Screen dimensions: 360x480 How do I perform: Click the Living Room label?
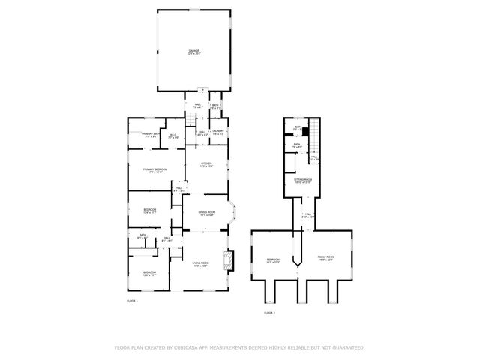coord(200,262)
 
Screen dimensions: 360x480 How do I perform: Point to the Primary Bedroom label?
coord(155,171)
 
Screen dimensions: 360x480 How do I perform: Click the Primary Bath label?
coord(150,135)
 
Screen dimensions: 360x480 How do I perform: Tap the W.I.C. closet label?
coord(172,136)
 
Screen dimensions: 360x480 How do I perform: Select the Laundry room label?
coord(218,132)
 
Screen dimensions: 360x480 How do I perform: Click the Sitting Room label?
coord(302,181)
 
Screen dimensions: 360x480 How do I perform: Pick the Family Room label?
coord(325,257)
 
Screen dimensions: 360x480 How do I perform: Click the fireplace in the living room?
coord(229,260)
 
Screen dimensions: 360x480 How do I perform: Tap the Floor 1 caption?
coord(132,301)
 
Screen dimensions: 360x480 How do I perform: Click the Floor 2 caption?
coord(269,313)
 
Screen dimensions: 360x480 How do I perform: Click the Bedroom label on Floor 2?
coord(273,260)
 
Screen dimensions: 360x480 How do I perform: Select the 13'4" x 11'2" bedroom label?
coord(150,211)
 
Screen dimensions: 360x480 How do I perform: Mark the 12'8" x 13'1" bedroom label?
coord(150,273)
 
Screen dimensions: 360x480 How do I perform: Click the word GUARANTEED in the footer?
coord(347,348)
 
